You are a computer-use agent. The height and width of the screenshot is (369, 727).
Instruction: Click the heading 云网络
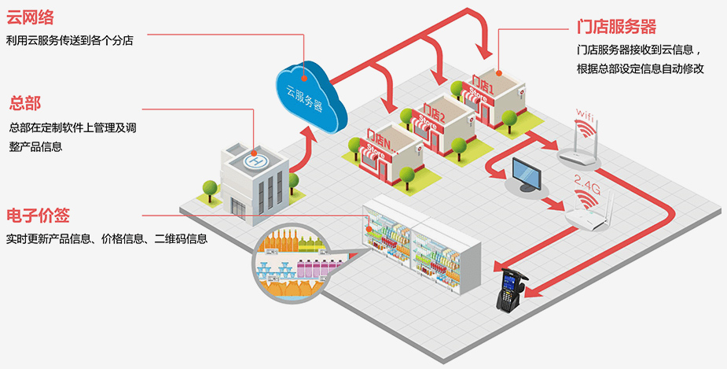pos(31,17)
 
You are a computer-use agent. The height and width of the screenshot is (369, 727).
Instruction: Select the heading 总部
pos(24,103)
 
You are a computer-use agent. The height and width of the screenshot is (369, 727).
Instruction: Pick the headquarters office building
pos(251,182)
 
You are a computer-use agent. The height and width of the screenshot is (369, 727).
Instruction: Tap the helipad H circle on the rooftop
pos(255,162)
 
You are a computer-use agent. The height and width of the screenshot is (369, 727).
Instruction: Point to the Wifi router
pos(582,142)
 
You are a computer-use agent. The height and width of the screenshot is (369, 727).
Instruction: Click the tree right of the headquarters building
pos(294,183)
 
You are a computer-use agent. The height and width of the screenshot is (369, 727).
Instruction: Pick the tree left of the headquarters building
pos(210,190)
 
